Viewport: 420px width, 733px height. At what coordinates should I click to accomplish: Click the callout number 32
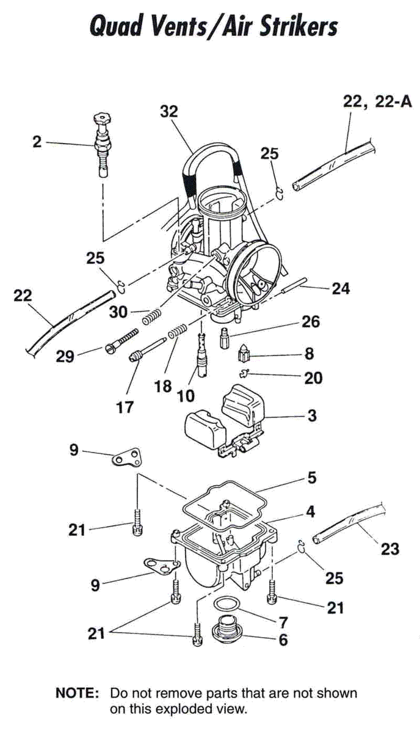click(168, 112)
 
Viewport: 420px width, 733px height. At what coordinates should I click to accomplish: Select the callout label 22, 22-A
click(377, 103)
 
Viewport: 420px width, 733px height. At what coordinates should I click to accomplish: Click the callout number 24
click(341, 288)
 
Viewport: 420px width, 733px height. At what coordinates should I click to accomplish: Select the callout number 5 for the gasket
click(311, 477)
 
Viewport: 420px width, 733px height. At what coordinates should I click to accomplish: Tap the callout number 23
click(389, 549)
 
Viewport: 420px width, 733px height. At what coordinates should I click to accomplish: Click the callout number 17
click(125, 406)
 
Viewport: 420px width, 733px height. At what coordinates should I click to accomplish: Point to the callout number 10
click(186, 395)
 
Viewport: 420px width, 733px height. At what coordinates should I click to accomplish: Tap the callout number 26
click(311, 321)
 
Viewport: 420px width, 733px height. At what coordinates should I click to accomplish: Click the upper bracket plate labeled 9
click(127, 458)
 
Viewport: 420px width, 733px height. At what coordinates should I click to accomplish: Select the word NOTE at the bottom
click(77, 693)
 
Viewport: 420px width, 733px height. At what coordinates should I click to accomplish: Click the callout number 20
click(313, 378)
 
